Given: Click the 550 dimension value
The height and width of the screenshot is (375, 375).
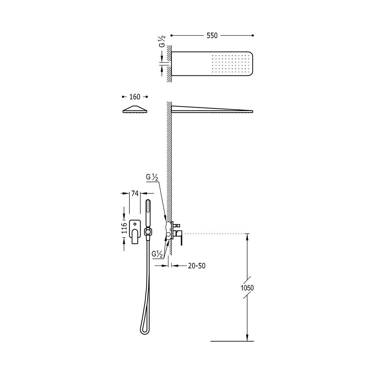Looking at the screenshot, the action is click(x=212, y=36).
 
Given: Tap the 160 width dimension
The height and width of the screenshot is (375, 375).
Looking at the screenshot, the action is click(x=135, y=97).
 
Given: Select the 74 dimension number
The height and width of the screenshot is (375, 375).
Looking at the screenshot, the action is click(x=135, y=193).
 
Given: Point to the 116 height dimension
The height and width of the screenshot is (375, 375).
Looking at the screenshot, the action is click(x=124, y=228).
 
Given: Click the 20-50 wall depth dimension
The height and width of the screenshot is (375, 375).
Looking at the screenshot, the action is click(x=197, y=266).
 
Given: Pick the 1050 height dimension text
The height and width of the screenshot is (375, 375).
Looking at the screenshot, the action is click(x=247, y=293).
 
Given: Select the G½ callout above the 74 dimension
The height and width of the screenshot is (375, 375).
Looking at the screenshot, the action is click(x=152, y=177).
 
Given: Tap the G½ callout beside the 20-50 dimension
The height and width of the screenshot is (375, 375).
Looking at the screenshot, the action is click(x=157, y=254).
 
